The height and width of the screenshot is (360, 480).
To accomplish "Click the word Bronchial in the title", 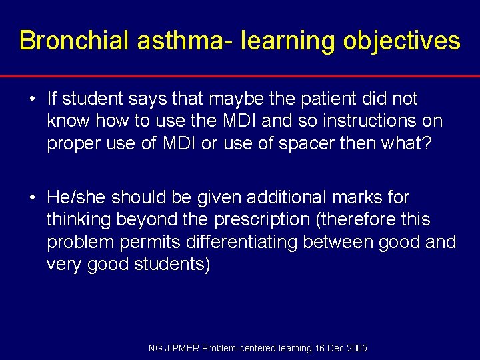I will [x=74, y=41].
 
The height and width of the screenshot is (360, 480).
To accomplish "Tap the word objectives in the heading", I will [x=401, y=41].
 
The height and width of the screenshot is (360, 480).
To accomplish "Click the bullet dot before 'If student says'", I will [x=32, y=99].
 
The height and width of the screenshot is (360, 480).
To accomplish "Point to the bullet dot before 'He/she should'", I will [x=32, y=198].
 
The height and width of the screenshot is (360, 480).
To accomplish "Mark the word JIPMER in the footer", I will [x=181, y=349].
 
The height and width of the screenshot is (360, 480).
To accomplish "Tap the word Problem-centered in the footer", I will [x=233, y=349].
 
